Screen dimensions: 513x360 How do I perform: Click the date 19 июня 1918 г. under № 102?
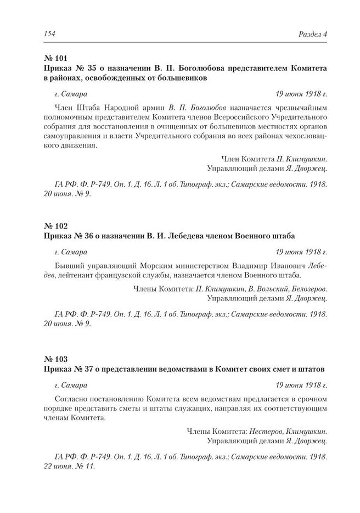pos(301,252)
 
